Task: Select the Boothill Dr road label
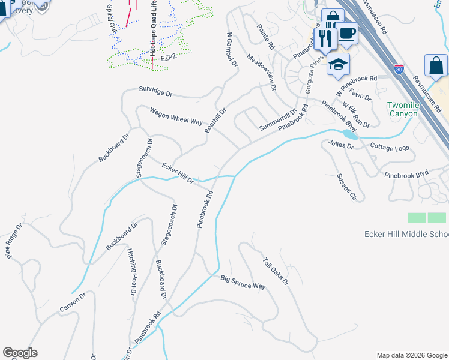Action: [215, 121]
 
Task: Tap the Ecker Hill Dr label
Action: [177, 172]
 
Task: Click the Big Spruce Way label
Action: [243, 282]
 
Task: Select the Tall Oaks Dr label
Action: [276, 271]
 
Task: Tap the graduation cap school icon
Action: [338, 64]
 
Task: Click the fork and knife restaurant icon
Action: [325, 39]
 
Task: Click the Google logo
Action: [20, 353]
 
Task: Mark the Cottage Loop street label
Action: [389, 146]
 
